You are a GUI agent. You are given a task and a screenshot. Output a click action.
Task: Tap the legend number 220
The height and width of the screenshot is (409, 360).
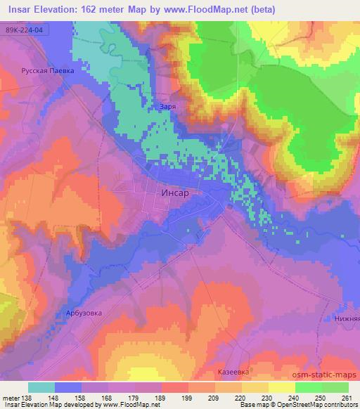coord(240,396)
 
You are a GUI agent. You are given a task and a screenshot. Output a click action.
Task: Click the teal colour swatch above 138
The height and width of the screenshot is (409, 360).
coord(41,387)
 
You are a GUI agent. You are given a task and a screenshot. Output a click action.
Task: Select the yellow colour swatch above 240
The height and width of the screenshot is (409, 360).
coord(282,387)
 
